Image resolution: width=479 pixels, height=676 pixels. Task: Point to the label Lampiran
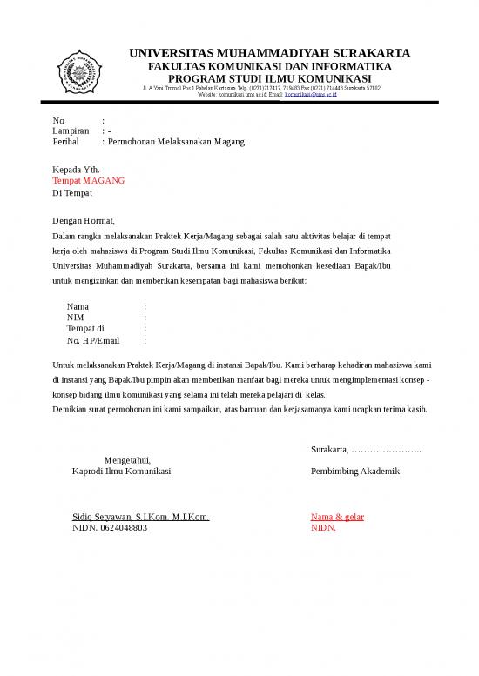click(71, 131)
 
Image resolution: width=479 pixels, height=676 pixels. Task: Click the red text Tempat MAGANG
click(88, 181)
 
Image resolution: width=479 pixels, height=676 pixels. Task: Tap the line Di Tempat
click(72, 192)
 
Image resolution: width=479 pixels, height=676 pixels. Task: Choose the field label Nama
click(78, 307)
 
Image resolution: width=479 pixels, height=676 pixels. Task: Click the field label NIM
click(76, 318)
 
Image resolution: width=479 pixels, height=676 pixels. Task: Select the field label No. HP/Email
click(93, 341)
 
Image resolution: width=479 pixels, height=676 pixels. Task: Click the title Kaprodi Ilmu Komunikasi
click(121, 471)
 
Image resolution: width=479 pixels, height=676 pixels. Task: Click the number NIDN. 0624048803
click(110, 528)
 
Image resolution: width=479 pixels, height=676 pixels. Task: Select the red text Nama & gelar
click(337, 517)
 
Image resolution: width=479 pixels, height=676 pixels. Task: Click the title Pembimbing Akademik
click(354, 471)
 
